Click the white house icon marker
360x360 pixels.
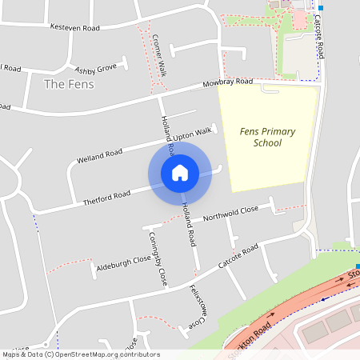pyautogui.click(x=180, y=172)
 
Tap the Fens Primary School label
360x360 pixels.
pyautogui.click(x=267, y=137)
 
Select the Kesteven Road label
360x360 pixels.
pyautogui.click(x=74, y=27)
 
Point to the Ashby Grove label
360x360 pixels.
pyautogui.click(x=95, y=68)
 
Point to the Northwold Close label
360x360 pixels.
pyautogui.click(x=230, y=212)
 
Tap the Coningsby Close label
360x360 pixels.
pyautogui.click(x=157, y=260)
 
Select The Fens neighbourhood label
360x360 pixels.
pyautogui.click(x=69, y=84)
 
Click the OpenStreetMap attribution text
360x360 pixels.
pyautogui.click(x=81, y=354)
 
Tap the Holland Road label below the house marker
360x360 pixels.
pyautogui.click(x=189, y=223)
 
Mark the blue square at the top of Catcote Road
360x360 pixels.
pyautogui.click(x=321, y=7)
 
